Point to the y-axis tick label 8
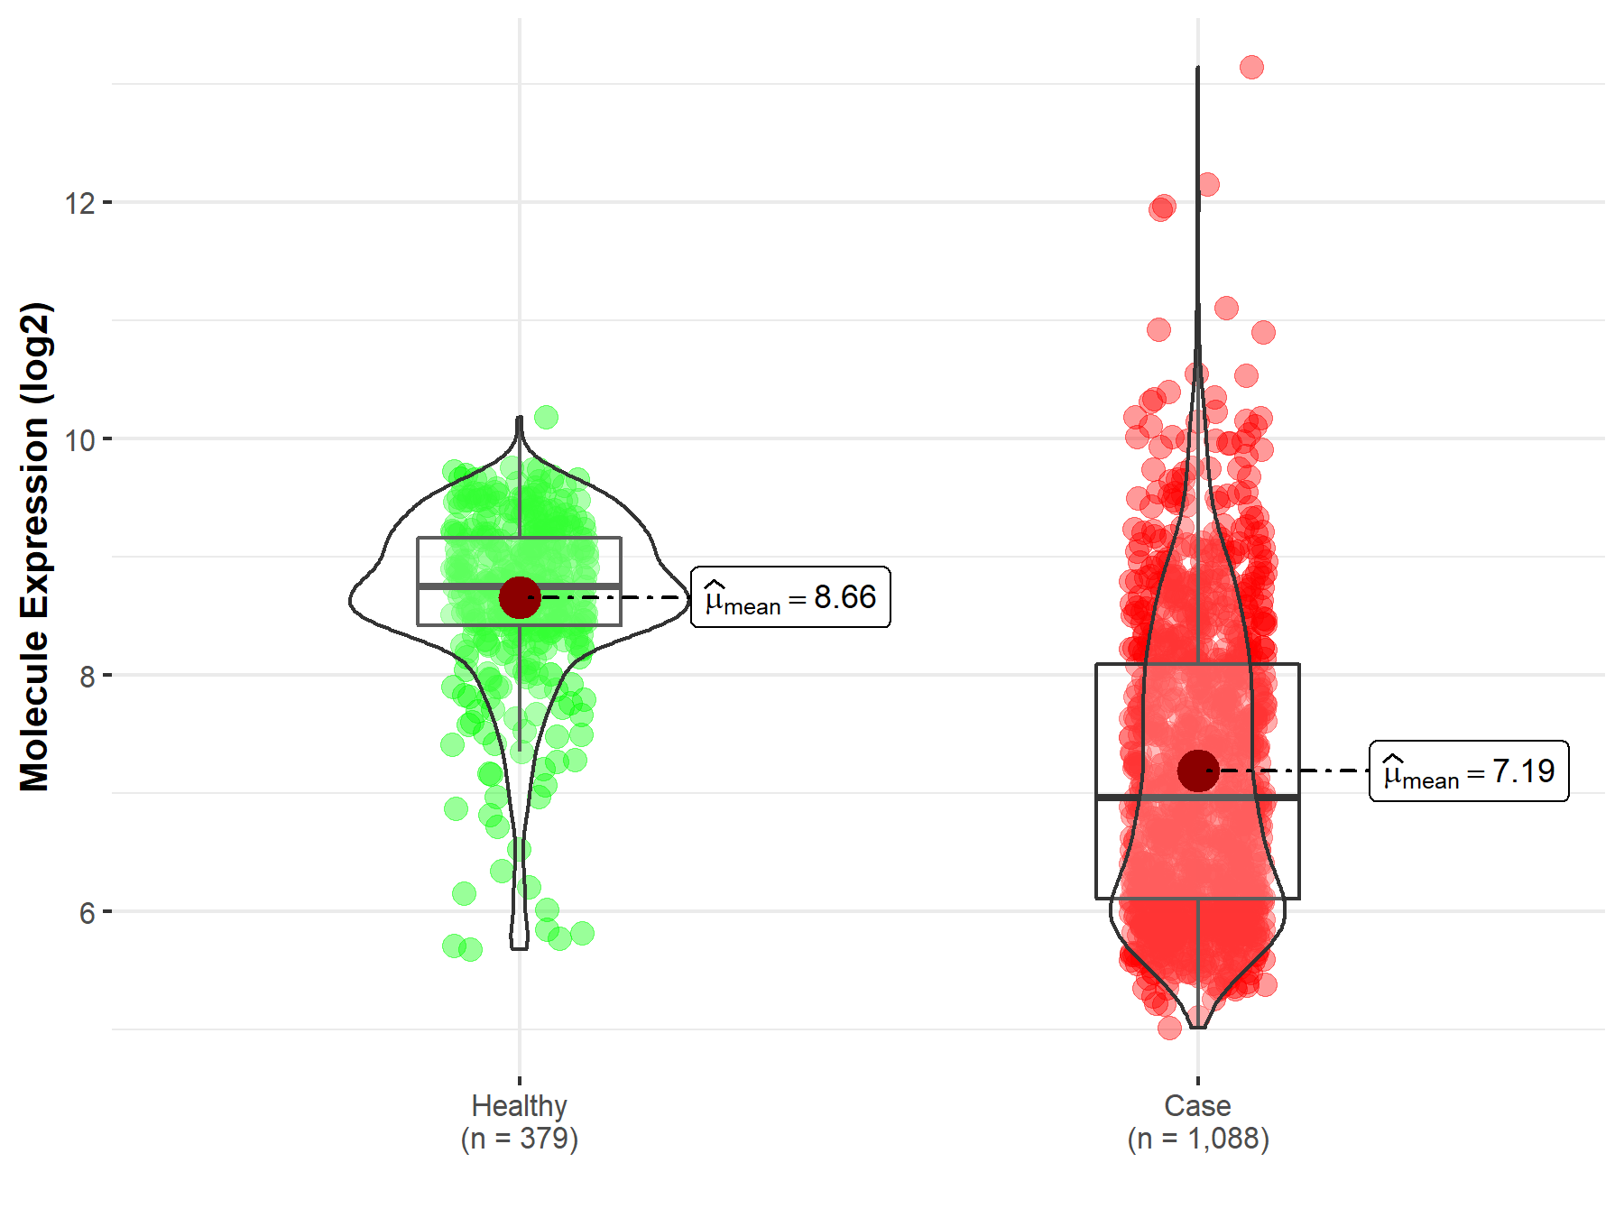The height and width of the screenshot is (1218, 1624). click(x=87, y=677)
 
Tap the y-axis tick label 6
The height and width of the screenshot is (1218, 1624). click(x=87, y=913)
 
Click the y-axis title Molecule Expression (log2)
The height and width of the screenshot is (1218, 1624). click(x=34, y=547)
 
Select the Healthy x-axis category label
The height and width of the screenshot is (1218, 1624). click(x=519, y=1105)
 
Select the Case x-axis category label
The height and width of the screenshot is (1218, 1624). click(x=1197, y=1105)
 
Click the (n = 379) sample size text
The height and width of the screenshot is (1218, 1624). click(x=519, y=1139)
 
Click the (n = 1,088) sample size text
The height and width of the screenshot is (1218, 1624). click(x=1197, y=1139)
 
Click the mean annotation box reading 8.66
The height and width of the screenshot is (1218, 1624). click(x=790, y=597)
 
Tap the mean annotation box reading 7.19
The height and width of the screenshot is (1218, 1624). click(x=1469, y=771)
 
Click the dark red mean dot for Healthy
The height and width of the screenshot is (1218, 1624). click(x=519, y=597)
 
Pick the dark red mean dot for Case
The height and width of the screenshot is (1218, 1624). click(x=1197, y=770)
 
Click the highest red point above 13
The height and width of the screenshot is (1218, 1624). click(x=1251, y=67)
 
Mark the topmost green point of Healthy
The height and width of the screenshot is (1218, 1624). click(x=546, y=417)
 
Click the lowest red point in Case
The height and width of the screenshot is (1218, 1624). click(x=1169, y=1028)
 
